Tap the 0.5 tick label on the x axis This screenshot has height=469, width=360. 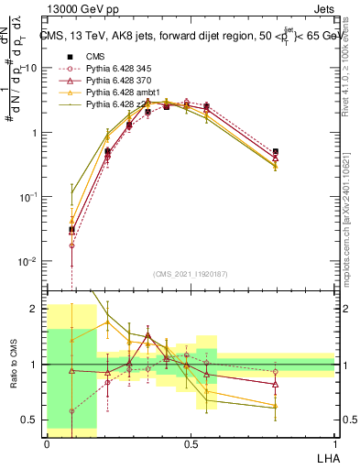click(x=191, y=442)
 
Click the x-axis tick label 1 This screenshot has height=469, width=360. click(x=334, y=442)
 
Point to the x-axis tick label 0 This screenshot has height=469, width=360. click(x=47, y=442)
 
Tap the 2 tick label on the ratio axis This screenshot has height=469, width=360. click(x=37, y=309)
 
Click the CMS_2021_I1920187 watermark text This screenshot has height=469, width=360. click(x=190, y=274)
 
